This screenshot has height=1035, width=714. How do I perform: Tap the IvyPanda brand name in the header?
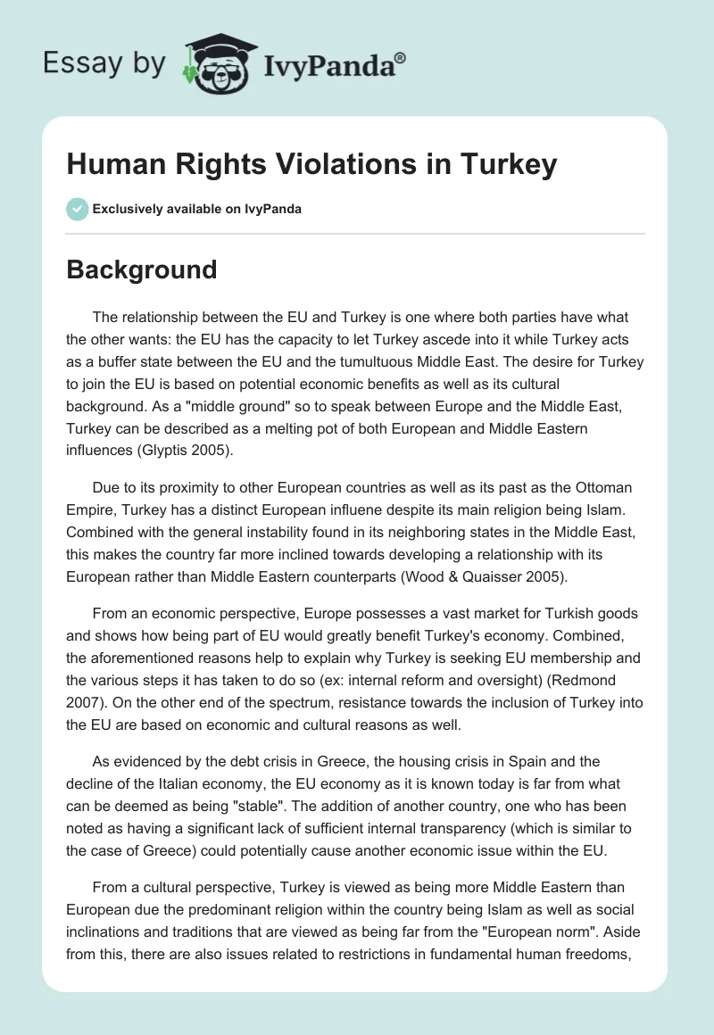tap(328, 63)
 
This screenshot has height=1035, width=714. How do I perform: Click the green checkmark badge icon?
tap(77, 209)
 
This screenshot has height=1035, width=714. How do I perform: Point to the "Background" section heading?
tap(142, 269)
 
